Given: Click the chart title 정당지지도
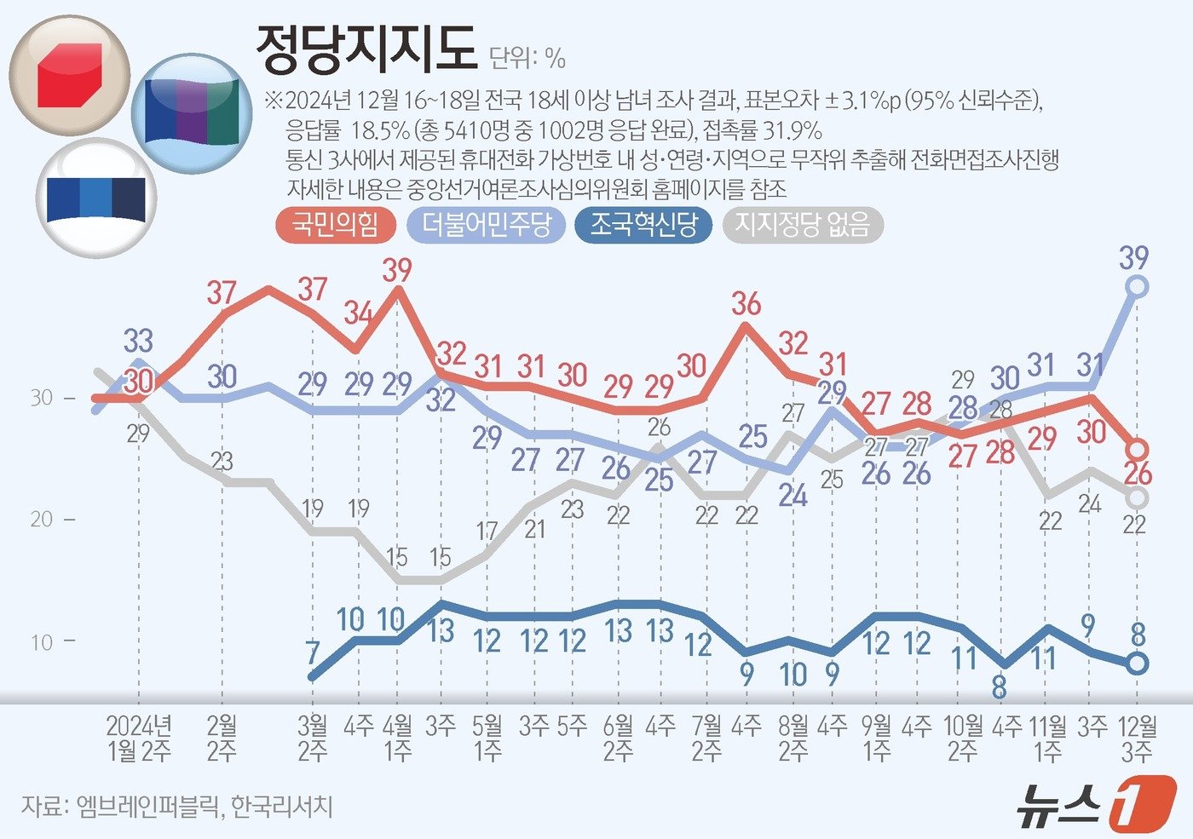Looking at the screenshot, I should pos(366,49).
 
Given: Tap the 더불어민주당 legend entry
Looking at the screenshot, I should pos(487,225).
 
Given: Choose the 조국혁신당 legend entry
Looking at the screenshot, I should pos(643,225).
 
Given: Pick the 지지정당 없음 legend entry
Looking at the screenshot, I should pos(802,225).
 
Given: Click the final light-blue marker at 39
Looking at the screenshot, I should pos(1137,286).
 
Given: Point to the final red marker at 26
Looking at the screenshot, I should pos(1137,449).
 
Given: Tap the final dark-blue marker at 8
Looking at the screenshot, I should pos(1137,663).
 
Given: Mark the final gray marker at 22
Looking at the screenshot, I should pos(1137,497).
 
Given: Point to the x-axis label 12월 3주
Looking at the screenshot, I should pos(1137,738).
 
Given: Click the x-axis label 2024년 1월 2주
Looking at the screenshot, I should pos(139,738).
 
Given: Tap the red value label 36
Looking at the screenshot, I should pos(746,304).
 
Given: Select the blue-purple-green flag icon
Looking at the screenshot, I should pos(192,112).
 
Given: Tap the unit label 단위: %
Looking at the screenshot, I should pos(527,58).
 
